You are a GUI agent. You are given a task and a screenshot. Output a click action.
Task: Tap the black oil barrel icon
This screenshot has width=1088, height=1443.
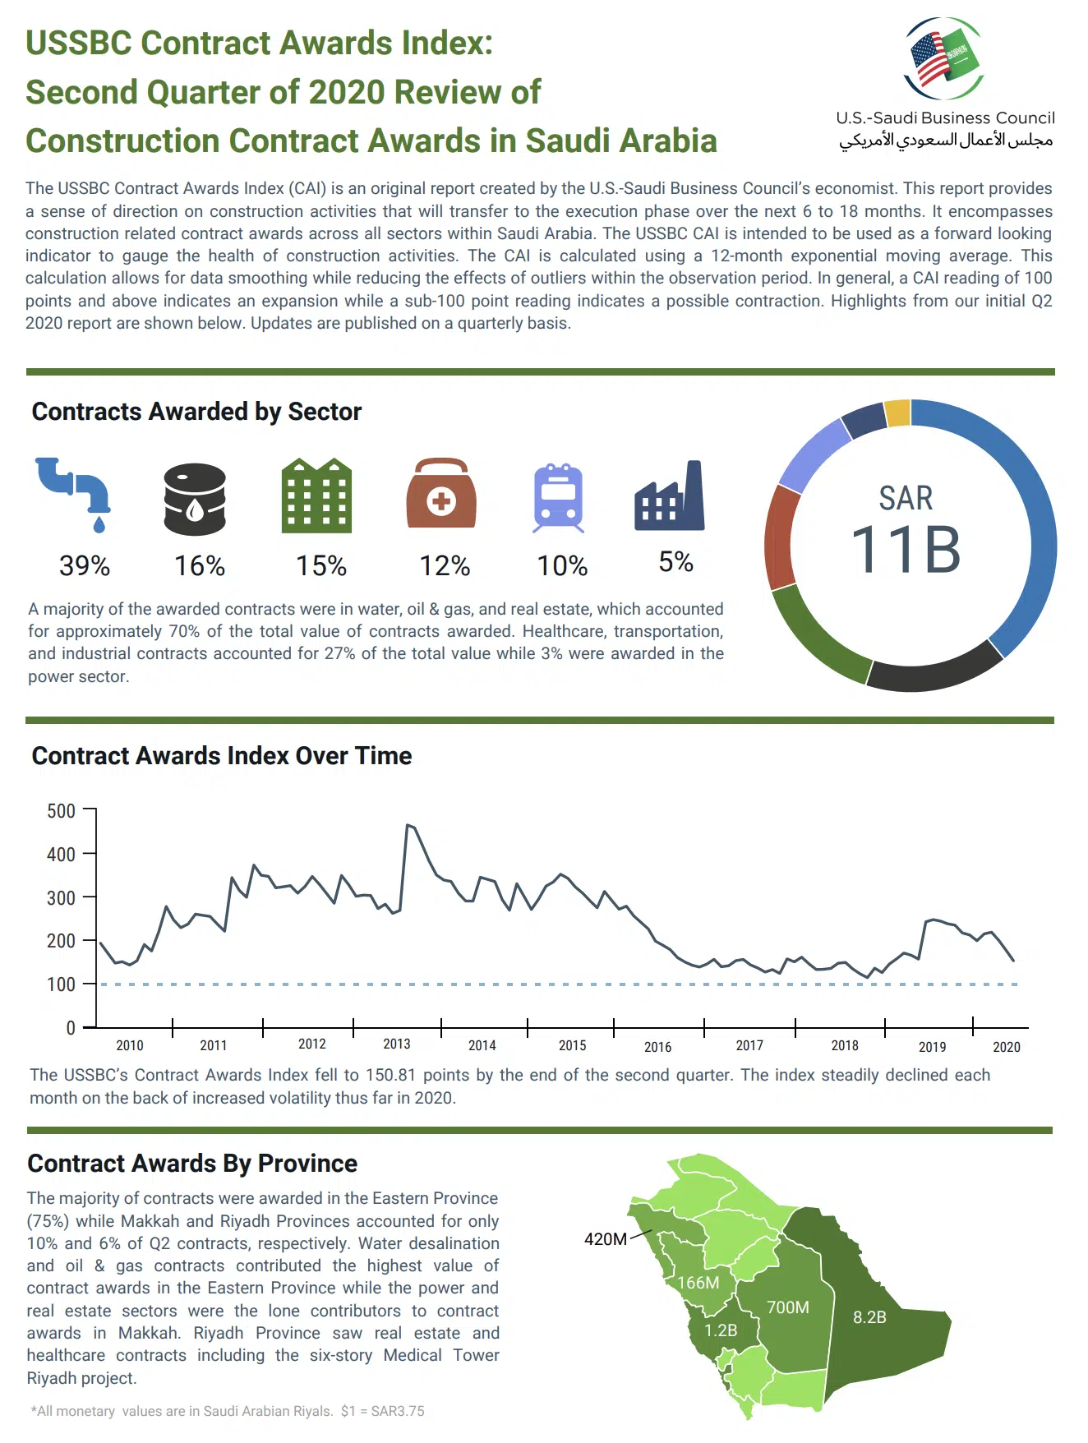coord(195,498)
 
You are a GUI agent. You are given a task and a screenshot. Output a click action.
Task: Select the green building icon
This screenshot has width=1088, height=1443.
coord(316,496)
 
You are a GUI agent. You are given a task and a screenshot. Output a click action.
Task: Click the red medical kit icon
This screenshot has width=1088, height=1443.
coord(441,493)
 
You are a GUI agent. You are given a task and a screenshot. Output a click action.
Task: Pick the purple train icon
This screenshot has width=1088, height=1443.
coord(559,497)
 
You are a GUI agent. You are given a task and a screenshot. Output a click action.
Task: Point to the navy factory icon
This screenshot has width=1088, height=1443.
coord(670,496)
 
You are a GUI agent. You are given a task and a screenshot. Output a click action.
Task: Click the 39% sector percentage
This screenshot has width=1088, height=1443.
coord(85,565)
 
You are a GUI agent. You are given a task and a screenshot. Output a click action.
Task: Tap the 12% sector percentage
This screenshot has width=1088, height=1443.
coord(445,565)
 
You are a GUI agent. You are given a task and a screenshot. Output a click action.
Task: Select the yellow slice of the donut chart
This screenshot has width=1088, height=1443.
coord(897,413)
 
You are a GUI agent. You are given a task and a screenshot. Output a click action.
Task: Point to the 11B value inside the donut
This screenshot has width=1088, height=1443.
coord(905,549)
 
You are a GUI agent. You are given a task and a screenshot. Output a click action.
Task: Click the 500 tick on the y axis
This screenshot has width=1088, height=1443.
coord(62,811)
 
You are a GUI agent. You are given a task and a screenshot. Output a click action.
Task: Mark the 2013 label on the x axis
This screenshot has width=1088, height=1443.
coord(397,1044)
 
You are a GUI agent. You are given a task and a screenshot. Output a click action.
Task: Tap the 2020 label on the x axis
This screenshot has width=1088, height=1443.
coord(1006,1047)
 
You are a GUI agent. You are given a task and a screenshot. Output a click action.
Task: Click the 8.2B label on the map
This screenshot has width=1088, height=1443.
coord(869,1316)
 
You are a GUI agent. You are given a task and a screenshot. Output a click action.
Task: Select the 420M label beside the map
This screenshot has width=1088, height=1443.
coord(606,1238)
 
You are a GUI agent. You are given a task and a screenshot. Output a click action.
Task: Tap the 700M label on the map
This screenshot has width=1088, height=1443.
coord(788,1307)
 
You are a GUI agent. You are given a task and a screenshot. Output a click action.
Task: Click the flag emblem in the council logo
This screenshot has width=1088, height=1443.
coord(944,58)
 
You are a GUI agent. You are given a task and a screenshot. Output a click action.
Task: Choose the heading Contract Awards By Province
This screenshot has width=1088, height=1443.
coord(192,1164)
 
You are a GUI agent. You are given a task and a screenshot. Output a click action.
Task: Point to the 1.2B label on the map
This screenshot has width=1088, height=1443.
coord(721,1330)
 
